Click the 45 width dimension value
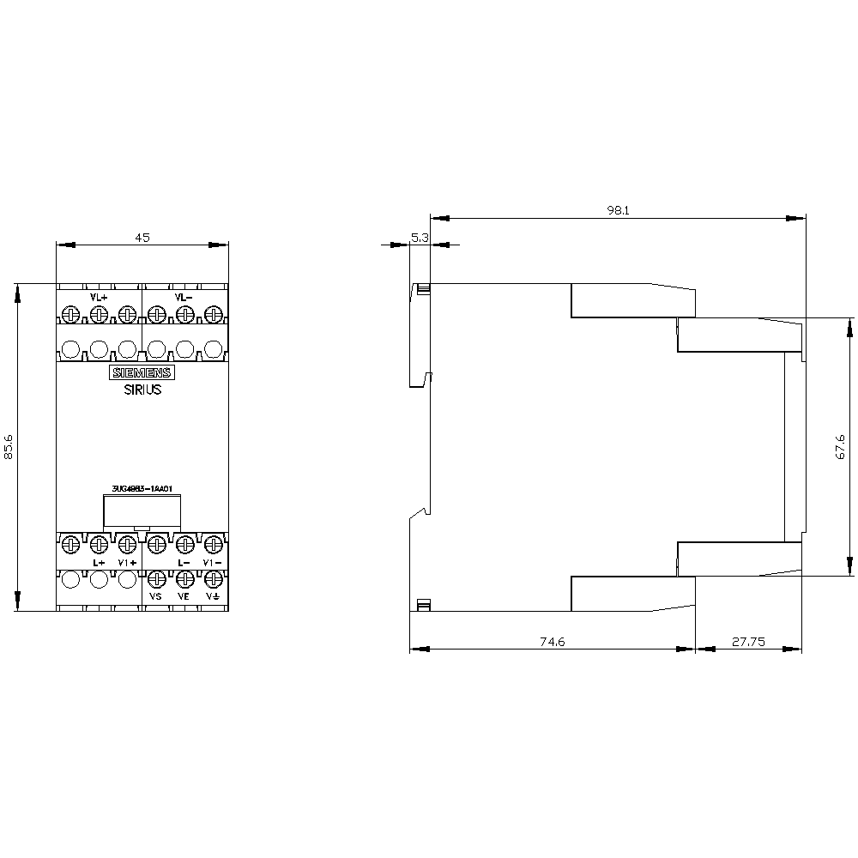[x=142, y=238]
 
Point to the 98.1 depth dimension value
[x=618, y=208]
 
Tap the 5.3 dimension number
[x=420, y=238]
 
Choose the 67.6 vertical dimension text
[x=841, y=446]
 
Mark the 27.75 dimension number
[x=747, y=640]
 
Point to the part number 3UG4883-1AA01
[x=142, y=490]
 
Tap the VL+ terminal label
[x=99, y=297]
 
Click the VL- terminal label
[x=184, y=297]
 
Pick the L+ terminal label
[x=98, y=563]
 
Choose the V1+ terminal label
[x=127, y=563]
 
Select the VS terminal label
[x=155, y=595]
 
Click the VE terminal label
[x=183, y=595]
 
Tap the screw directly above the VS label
[x=155, y=578]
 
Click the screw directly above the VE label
[x=184, y=578]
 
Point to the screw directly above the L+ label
[x=98, y=543]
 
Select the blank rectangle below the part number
[x=142, y=512]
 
